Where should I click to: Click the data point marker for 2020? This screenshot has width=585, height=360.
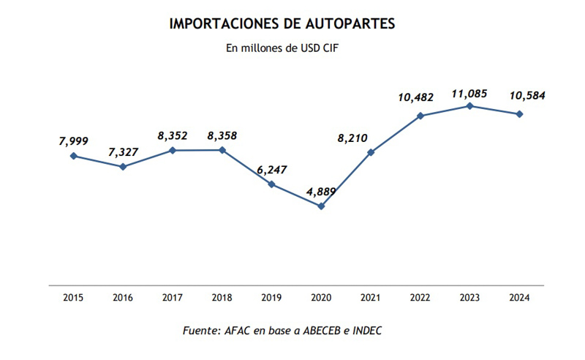pyautogui.click(x=321, y=206)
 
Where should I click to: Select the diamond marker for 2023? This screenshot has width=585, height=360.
pyautogui.click(x=470, y=106)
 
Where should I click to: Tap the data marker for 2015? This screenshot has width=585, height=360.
pyautogui.click(x=73, y=156)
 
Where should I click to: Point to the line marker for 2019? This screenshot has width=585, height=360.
pyautogui.click(x=271, y=184)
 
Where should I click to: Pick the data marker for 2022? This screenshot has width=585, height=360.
pyautogui.click(x=420, y=116)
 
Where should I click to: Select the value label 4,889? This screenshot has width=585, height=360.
pyautogui.click(x=322, y=192)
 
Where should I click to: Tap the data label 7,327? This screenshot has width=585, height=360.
pyautogui.click(x=123, y=151)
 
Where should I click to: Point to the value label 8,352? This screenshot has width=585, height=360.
pyautogui.click(x=173, y=135)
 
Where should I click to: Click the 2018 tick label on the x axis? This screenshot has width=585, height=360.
pyautogui.click(x=222, y=299)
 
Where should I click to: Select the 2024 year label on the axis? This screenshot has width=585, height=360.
pyautogui.click(x=520, y=299)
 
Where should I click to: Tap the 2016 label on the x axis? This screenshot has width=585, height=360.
pyautogui.click(x=123, y=299)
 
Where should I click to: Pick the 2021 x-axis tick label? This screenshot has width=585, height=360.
pyautogui.click(x=371, y=299)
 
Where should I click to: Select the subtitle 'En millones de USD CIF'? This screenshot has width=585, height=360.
pyautogui.click(x=282, y=49)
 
